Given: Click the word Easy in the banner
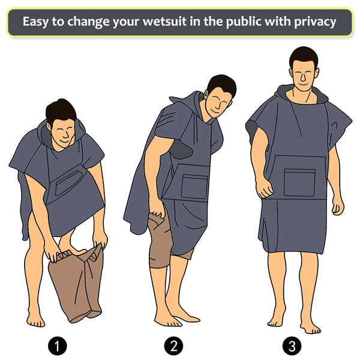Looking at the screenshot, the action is click(35, 22).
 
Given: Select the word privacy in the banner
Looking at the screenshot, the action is click(315, 22).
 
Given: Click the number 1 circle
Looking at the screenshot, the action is click(58, 346).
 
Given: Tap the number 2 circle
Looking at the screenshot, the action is click(173, 346).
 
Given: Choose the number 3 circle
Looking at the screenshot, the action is click(292, 346).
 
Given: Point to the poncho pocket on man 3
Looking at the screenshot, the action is click(299, 182).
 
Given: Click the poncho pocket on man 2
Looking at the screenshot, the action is click(194, 187).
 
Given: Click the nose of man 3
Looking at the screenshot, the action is click(303, 77).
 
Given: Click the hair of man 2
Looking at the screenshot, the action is click(222, 85).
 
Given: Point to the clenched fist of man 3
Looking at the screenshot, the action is click(265, 189).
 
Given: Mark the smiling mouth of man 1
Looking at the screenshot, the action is click(65, 140).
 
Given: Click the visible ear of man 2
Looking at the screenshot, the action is click(206, 94).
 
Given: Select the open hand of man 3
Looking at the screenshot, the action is click(338, 206).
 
